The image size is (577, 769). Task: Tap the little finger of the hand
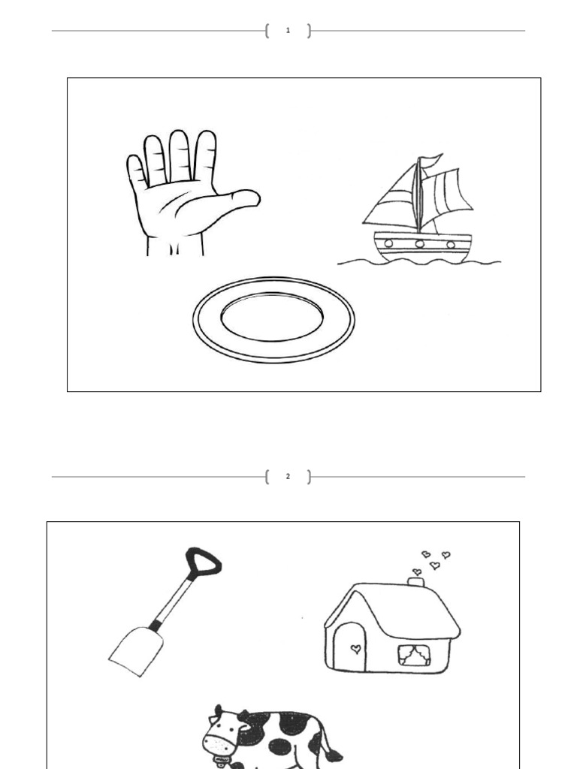pyautogui.click(x=136, y=172)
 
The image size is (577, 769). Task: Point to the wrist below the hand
pyautogui.click(x=175, y=246)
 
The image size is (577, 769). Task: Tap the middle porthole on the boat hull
pyautogui.click(x=419, y=243)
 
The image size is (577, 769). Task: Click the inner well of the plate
pyautogui.click(x=272, y=316)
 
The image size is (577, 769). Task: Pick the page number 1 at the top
pyautogui.click(x=288, y=31)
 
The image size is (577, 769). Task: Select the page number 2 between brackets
pyautogui.click(x=288, y=476)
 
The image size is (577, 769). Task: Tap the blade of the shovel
pyautogui.click(x=137, y=650)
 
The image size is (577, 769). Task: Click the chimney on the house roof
pyautogui.click(x=415, y=581)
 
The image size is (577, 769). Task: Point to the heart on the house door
pyautogui.click(x=356, y=647)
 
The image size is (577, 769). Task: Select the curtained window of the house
pyautogui.click(x=412, y=656)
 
